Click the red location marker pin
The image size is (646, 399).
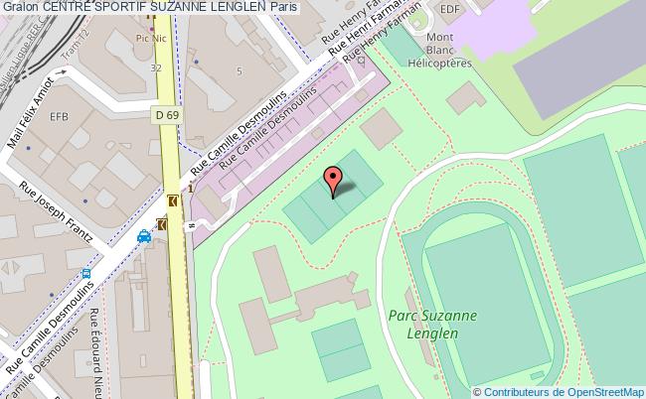coord(333,180)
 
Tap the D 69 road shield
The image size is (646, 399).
coord(166,116)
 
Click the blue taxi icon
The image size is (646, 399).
coord(144,236)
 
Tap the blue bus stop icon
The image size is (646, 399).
coord(86,273)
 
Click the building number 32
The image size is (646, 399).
coord(156,68)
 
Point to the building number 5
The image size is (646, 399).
coord(239,71)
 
